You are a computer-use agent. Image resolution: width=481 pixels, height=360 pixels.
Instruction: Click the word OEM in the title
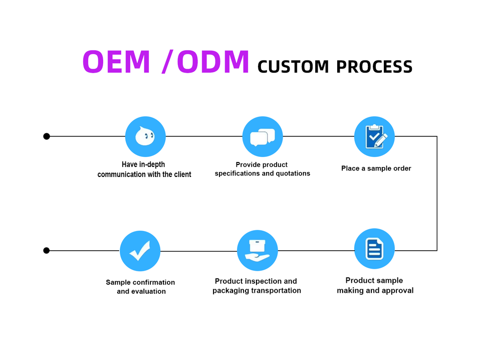pos(116,62)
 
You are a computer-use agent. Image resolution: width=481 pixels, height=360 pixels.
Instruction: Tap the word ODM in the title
pos(213,62)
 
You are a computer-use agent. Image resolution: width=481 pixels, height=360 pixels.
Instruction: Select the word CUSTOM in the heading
pos(293,67)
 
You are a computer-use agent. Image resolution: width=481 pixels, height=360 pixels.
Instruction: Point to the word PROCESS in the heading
pos(374,67)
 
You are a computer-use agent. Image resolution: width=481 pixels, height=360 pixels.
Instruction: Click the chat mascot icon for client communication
pos(145,136)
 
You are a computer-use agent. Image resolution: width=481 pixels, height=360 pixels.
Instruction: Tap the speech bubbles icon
pos(263,136)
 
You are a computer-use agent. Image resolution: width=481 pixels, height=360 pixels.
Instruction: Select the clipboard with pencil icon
pos(374,136)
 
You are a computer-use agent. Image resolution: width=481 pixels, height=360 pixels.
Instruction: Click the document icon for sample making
pos(374,249)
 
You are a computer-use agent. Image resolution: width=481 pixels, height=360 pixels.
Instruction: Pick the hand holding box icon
pos(258,250)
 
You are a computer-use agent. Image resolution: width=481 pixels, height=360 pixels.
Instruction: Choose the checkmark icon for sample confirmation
pos(140,251)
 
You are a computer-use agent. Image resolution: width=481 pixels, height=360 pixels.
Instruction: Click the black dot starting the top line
pos(47,136)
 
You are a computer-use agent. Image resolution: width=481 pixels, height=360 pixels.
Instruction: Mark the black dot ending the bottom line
pos(47,250)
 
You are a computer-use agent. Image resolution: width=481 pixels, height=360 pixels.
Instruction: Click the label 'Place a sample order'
pos(376,168)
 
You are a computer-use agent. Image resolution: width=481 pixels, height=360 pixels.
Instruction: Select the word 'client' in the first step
pos(183,174)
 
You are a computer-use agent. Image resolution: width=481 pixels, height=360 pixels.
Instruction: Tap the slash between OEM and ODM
pos(167,62)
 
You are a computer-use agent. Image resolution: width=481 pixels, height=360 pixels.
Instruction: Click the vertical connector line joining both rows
pos(437,194)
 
